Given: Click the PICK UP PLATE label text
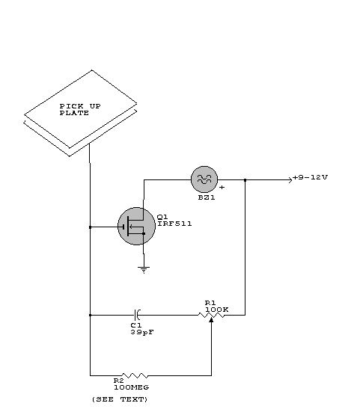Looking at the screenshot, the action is point(80,110).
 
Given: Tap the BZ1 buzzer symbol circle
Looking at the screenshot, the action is point(204,179).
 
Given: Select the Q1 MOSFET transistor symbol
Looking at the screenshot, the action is point(136,227).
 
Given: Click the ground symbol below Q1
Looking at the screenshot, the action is point(144,270).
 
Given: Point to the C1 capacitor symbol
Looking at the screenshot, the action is point(137,315).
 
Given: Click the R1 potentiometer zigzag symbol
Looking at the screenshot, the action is point(211,315).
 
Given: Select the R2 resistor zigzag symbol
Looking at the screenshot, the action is point(135,375).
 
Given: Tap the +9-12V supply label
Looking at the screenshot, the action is point(310,177).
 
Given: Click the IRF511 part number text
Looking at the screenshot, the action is point(174,224).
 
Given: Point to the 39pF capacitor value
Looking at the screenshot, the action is point(142,332).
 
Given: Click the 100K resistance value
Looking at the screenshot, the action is point(217,310).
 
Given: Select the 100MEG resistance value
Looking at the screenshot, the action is point(132,387).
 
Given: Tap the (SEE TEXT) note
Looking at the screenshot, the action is point(120,399).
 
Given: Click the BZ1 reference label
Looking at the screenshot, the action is point(207,197).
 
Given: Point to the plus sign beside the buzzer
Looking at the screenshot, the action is point(222,187).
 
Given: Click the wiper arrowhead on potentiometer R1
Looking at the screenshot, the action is point(211,320).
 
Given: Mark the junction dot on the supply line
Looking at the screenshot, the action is point(245,180).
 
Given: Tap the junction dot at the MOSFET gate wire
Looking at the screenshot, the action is point(90,227).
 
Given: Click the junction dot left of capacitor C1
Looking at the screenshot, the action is point(90,315).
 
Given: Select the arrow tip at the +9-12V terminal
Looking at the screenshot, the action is point(292,180).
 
